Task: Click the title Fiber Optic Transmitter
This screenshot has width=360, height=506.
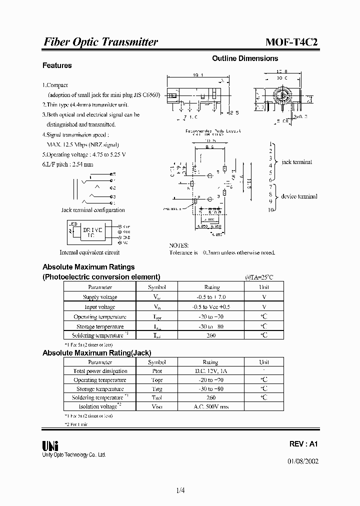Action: pyautogui.click(x=100, y=42)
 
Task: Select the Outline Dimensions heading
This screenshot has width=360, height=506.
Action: pyautogui.click(x=245, y=58)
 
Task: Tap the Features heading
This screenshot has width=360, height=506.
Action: pyautogui.click(x=57, y=65)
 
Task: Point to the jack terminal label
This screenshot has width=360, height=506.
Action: pyautogui.click(x=296, y=162)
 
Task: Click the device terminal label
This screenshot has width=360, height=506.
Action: pyautogui.click(x=299, y=196)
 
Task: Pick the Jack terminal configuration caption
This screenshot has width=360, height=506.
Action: pyautogui.click(x=93, y=210)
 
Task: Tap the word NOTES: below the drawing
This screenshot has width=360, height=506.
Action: pyautogui.click(x=179, y=245)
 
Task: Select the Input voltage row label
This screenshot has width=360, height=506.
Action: pyautogui.click(x=100, y=307)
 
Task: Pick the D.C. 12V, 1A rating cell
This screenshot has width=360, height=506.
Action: pyautogui.click(x=210, y=371)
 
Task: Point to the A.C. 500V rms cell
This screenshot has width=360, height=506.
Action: pyautogui.click(x=210, y=406)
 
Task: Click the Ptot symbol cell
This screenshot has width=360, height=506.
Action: pyautogui.click(x=156, y=371)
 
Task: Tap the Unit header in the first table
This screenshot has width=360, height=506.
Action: pyautogui.click(x=263, y=287)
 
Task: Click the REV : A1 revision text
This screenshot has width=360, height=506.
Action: pyautogui.click(x=303, y=444)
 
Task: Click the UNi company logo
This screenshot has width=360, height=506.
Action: pyautogui.click(x=50, y=445)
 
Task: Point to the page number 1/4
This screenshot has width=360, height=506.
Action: pyautogui.click(x=180, y=490)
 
